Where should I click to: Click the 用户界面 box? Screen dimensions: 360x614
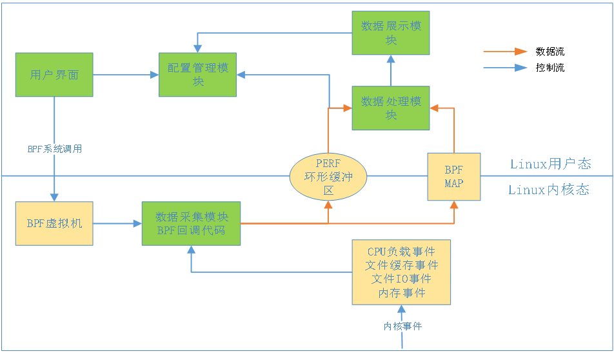pos(54,75)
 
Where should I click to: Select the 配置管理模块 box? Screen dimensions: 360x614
pos(198,75)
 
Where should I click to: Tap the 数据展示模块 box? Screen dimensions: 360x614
pos(391,33)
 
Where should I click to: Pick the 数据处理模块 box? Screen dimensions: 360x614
pos(391,108)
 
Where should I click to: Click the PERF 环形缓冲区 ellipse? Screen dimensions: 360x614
pos(328,176)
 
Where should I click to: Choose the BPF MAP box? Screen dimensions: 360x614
pos(454,176)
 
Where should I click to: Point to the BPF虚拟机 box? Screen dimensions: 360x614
pos(54,223)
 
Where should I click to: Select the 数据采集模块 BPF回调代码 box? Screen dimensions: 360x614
pos(191,223)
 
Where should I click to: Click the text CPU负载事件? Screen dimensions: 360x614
pos(401,252)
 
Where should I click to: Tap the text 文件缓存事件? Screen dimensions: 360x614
pos(401,265)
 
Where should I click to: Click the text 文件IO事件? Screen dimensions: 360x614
pos(401,279)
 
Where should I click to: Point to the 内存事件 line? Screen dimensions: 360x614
pos(401,292)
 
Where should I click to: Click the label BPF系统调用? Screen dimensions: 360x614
pos(54,149)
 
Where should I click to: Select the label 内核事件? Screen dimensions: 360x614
pos(402,326)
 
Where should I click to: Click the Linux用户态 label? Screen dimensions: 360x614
pos(550,164)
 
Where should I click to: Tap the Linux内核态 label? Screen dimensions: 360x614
pos(549,190)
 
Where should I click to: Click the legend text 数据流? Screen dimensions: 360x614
pos(550,51)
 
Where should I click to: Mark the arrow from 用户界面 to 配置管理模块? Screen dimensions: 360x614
pos(126,75)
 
